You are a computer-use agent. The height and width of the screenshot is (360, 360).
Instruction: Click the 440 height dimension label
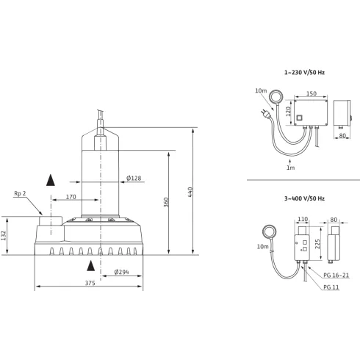(190, 192)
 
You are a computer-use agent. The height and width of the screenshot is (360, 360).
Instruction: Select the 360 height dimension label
(166, 202)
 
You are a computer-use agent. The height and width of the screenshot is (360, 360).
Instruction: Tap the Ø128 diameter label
(134, 178)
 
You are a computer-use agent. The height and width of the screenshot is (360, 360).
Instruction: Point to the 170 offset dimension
(71, 197)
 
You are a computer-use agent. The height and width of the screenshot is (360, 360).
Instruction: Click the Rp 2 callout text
(20, 193)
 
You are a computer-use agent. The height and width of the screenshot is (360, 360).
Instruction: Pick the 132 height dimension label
(4, 236)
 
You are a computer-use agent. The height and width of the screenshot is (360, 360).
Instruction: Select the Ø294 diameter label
(121, 272)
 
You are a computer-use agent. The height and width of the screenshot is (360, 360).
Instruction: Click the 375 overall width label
(90, 283)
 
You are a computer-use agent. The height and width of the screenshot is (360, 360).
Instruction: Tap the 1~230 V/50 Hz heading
(304, 73)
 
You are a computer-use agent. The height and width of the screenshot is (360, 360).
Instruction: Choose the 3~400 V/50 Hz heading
(304, 198)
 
